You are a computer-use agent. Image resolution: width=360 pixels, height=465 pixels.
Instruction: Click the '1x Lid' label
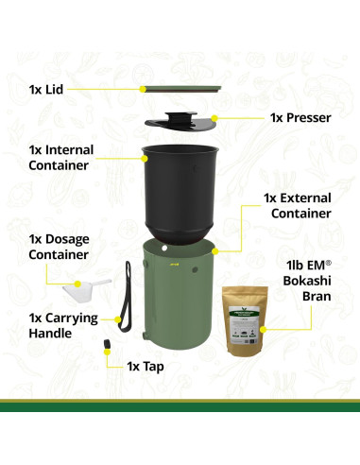46,89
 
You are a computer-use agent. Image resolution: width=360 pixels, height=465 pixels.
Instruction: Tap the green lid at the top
181,88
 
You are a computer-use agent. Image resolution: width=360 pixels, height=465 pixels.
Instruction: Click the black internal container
180,189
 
